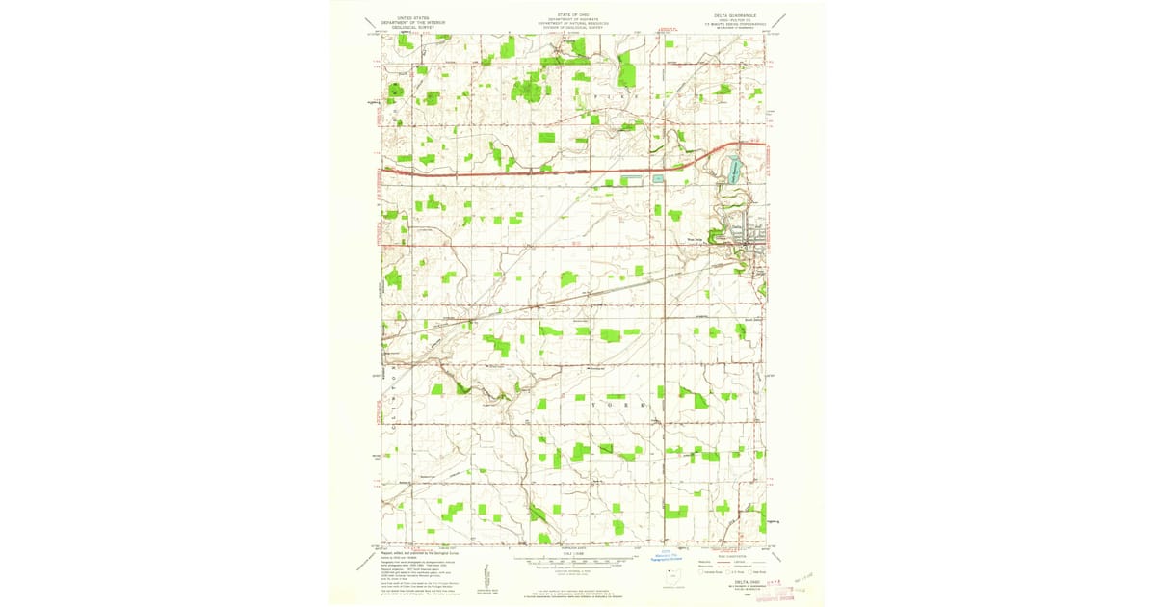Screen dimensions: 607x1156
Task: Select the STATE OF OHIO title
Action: [x=576, y=14]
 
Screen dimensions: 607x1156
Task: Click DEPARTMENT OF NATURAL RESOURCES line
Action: [x=576, y=24]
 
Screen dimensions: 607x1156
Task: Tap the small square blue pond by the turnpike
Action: [x=659, y=178]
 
